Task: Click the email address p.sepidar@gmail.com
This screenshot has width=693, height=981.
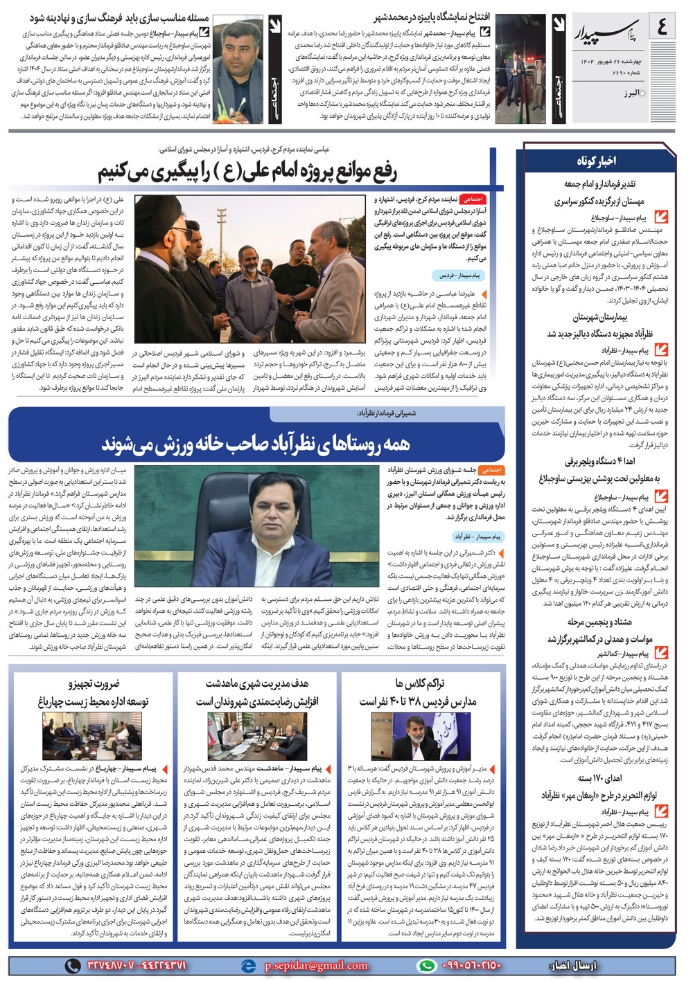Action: point(316,965)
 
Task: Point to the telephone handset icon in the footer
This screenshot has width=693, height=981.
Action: point(72,965)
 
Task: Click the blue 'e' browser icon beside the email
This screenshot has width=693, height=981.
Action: point(248,965)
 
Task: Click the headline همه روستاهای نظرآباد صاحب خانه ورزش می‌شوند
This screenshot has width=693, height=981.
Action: point(256,443)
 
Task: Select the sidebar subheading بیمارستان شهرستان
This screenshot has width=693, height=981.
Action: point(600,317)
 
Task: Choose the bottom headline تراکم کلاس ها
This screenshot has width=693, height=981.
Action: point(420,685)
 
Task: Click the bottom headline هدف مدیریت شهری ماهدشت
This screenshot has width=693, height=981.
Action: point(256,685)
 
